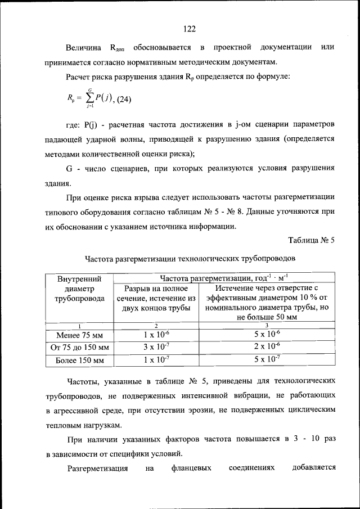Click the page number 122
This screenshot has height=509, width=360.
tap(188, 29)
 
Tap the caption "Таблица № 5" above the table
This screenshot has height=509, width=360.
tap(311, 241)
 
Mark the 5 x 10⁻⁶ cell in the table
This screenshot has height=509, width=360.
tap(267, 336)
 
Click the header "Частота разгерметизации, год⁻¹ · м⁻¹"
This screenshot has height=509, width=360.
tap(223, 277)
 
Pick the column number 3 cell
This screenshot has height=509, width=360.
tap(267, 326)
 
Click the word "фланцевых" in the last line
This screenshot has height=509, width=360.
tap(192, 468)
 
